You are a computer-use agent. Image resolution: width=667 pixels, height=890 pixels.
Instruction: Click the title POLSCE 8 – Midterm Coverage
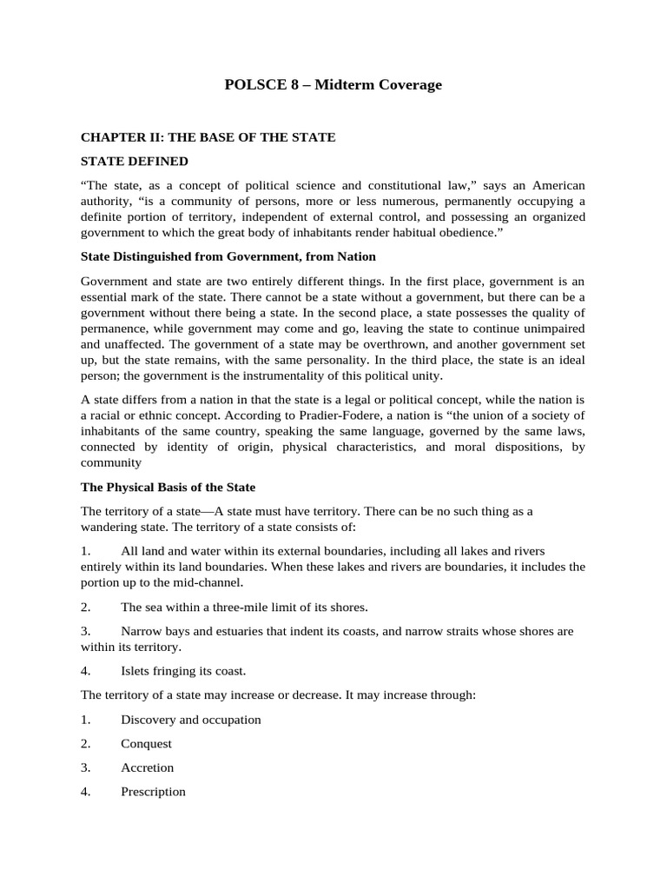tap(333, 84)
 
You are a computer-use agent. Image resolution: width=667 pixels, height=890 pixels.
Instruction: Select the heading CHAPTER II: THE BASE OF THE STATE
tap(208, 137)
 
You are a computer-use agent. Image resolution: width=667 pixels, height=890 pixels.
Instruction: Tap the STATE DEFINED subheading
tap(134, 161)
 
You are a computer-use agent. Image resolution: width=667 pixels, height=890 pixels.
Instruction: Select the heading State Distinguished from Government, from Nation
tap(228, 256)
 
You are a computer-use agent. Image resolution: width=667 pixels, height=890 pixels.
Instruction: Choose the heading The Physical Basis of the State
tap(168, 487)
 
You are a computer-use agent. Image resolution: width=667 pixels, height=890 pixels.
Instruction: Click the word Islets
tap(137, 670)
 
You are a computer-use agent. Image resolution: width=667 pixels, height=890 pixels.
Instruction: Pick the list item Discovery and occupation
tap(191, 720)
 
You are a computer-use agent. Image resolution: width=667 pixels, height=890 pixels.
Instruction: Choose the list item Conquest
tap(146, 744)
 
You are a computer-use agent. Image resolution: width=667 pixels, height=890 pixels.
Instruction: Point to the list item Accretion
tap(147, 767)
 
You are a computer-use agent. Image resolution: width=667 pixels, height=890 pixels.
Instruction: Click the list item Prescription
tap(153, 792)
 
